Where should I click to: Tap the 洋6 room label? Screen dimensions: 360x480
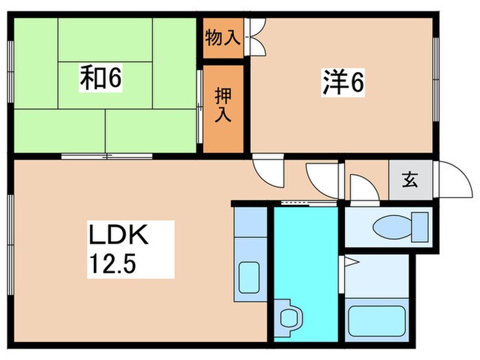pyautogui.click(x=341, y=82)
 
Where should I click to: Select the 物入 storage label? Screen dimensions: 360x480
pyautogui.click(x=222, y=38)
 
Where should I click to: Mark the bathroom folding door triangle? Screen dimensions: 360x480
pyautogui.click(x=349, y=261)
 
